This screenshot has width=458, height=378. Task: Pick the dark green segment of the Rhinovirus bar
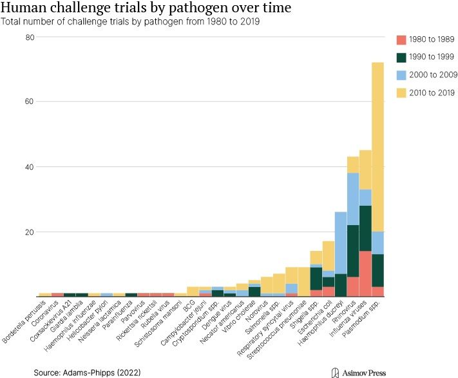(353, 251)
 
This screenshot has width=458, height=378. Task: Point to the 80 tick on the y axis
(30, 37)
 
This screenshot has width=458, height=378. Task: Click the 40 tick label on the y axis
(30, 166)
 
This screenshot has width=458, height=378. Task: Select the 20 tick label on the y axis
(30, 232)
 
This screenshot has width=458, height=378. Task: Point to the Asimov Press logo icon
(334, 372)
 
